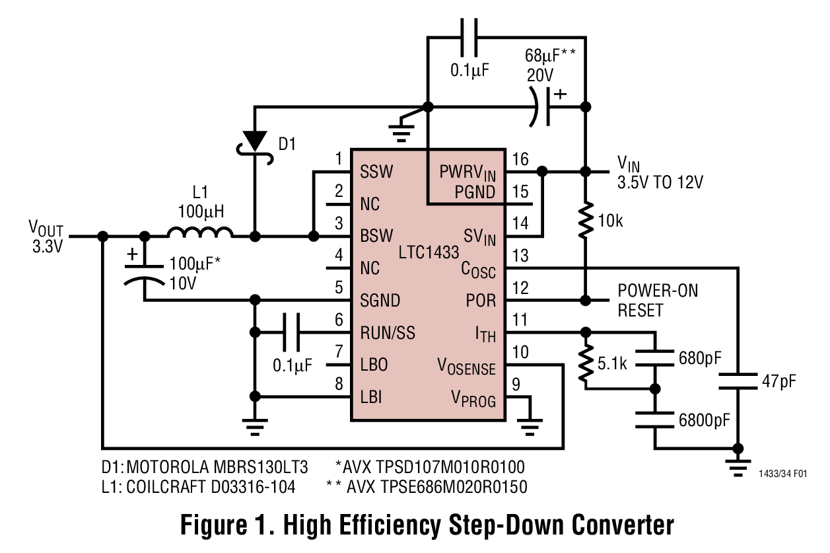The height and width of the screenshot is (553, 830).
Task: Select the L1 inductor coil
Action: pyautogui.click(x=200, y=233)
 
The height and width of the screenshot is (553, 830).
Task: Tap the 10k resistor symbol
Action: pyautogui.click(x=584, y=223)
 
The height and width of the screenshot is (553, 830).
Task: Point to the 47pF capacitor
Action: pyautogui.click(x=738, y=381)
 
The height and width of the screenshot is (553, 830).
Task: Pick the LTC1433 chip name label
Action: pyautogui.click(x=429, y=252)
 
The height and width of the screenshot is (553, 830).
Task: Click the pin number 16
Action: pyautogui.click(x=520, y=159)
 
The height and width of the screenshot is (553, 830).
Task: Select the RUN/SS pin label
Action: pyautogui.click(x=388, y=332)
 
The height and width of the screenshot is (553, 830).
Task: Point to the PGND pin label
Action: pyautogui.click(x=474, y=192)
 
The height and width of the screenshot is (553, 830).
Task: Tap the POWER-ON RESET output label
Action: pyautogui.click(x=657, y=300)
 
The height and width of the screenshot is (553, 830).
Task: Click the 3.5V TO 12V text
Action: pyautogui.click(x=660, y=183)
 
